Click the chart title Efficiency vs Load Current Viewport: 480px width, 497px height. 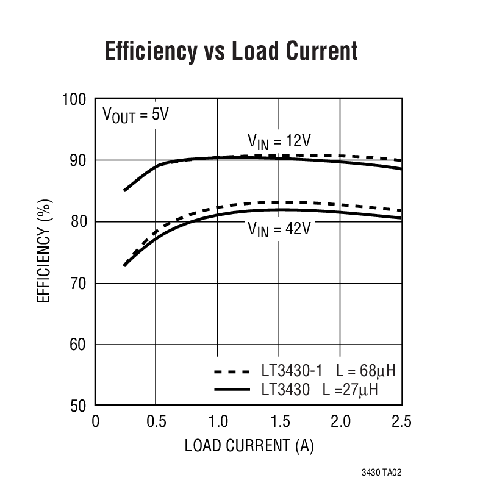(231, 51)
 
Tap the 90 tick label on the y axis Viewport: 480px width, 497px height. (79, 160)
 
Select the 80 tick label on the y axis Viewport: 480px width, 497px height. (79, 222)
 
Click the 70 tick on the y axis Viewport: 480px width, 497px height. (79, 284)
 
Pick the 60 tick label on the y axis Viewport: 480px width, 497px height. (79, 345)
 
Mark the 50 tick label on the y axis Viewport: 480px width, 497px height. (79, 406)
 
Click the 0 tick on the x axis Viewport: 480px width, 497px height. (95, 421)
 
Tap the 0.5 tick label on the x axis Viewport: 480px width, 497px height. (156, 421)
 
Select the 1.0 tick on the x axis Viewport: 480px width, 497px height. (217, 421)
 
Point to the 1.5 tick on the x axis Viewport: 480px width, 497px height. (279, 421)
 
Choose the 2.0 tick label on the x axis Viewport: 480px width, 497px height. (340, 421)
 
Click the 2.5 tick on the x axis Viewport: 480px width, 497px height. (401, 421)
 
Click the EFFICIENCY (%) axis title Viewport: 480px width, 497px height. (46, 252)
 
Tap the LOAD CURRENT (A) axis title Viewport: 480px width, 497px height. (249, 446)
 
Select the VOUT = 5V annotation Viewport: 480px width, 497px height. (135, 115)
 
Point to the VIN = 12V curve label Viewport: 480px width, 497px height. (279, 141)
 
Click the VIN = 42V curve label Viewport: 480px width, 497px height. (279, 229)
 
